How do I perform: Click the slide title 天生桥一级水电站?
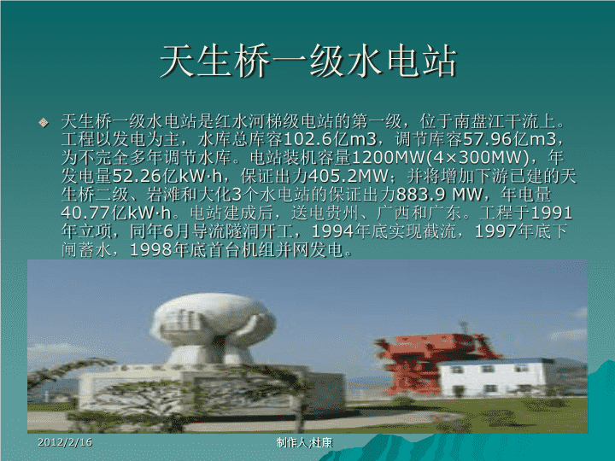pos(308,61)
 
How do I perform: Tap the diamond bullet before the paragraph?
pos(44,123)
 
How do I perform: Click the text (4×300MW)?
pos(477,158)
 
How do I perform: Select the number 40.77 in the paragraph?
pos(86,213)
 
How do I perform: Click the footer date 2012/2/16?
pos(65,442)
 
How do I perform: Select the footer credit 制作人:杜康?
pos(304,442)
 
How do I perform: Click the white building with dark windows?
pos(493,378)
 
